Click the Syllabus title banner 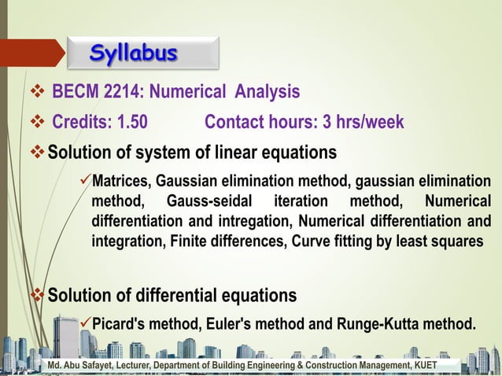[133, 53]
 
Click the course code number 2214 [119, 93]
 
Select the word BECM [74, 93]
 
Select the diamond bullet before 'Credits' [34, 123]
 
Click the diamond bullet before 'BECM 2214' [34, 93]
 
